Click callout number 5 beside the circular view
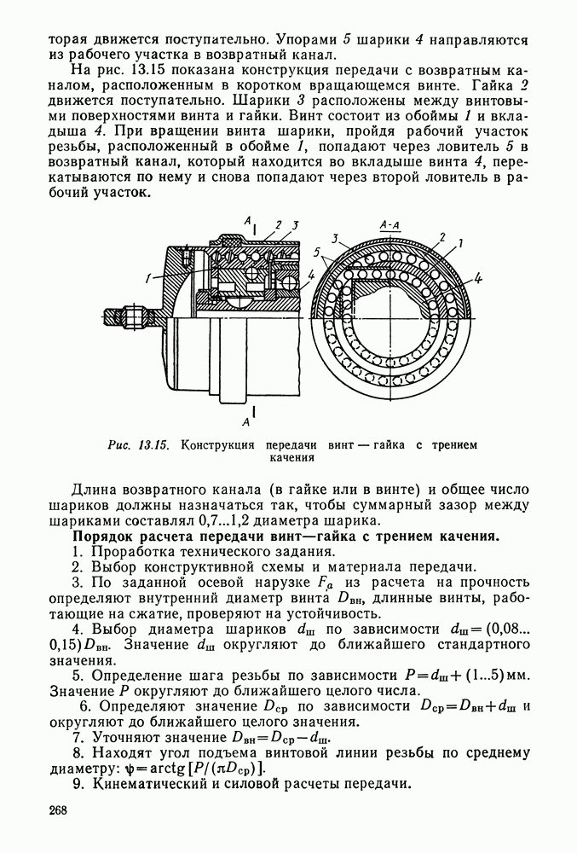[318, 254]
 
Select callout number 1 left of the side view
[147, 276]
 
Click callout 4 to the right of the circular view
[479, 277]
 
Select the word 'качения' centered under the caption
[293, 457]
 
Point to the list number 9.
[77, 785]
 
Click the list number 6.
[84, 706]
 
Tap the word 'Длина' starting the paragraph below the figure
[95, 490]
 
